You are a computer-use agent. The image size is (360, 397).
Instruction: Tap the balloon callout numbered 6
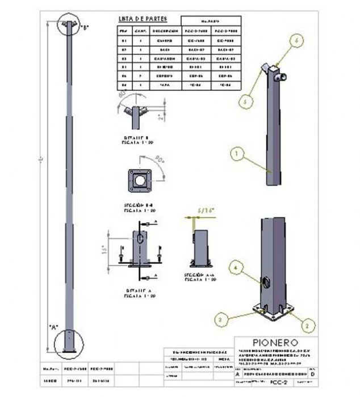tap(296, 40)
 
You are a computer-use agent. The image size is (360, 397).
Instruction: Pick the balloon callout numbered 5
tap(246, 100)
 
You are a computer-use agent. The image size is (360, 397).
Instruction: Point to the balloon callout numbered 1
tap(237, 152)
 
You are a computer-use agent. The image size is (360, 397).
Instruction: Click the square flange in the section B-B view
tap(139, 180)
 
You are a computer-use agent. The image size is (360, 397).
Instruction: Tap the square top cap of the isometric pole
tap(274, 72)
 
